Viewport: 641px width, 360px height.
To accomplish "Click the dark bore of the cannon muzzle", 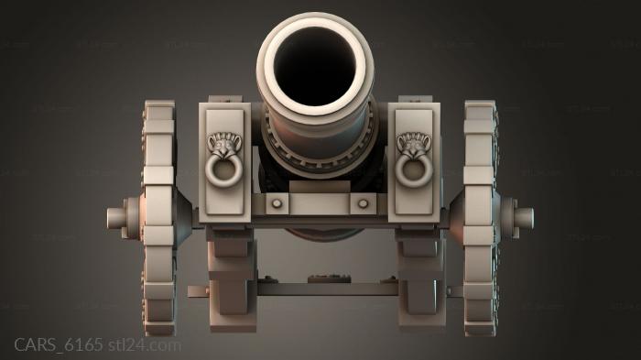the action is (315, 65).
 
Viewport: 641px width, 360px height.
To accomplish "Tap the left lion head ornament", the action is (224, 144).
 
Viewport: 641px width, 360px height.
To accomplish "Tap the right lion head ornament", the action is (414, 144).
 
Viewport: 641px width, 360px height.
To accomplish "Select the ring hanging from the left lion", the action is (223, 170).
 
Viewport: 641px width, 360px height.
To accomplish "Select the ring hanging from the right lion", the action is (414, 170).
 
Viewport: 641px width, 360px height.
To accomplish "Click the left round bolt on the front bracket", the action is (277, 203).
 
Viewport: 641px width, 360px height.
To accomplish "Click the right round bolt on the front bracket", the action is (363, 203).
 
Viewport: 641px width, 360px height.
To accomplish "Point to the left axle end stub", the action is (116, 218).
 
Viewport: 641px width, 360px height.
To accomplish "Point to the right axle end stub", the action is (524, 218).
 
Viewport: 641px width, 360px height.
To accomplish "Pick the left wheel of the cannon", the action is (158, 218).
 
